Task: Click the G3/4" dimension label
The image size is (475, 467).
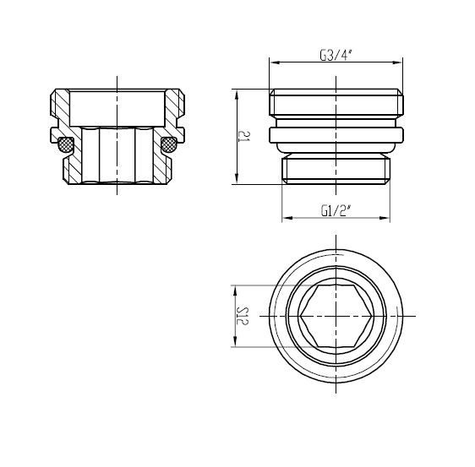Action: (x=336, y=56)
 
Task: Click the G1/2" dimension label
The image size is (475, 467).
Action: (x=336, y=210)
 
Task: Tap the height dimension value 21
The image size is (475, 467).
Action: (x=243, y=136)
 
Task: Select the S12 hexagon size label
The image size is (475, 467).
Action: (x=243, y=316)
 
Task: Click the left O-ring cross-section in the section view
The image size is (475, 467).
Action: (x=66, y=144)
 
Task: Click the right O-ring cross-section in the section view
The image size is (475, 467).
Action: (x=169, y=144)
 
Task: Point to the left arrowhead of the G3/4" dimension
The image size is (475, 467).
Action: (x=275, y=62)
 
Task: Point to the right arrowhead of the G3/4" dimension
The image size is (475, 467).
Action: (x=397, y=62)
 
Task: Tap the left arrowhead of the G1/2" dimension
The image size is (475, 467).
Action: (x=287, y=218)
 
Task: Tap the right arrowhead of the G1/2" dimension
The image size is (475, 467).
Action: (x=385, y=218)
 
